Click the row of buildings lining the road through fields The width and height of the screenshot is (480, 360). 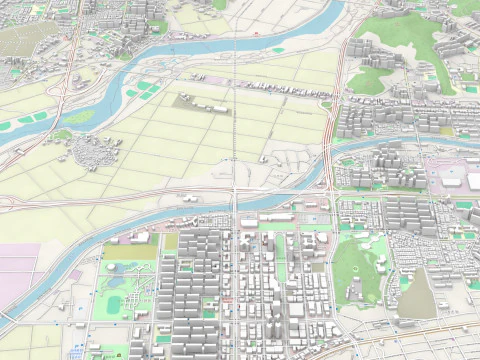(x=280, y=91)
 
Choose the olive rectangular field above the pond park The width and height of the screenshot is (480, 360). (x=130, y=250)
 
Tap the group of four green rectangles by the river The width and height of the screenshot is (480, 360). (x=146, y=89)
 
